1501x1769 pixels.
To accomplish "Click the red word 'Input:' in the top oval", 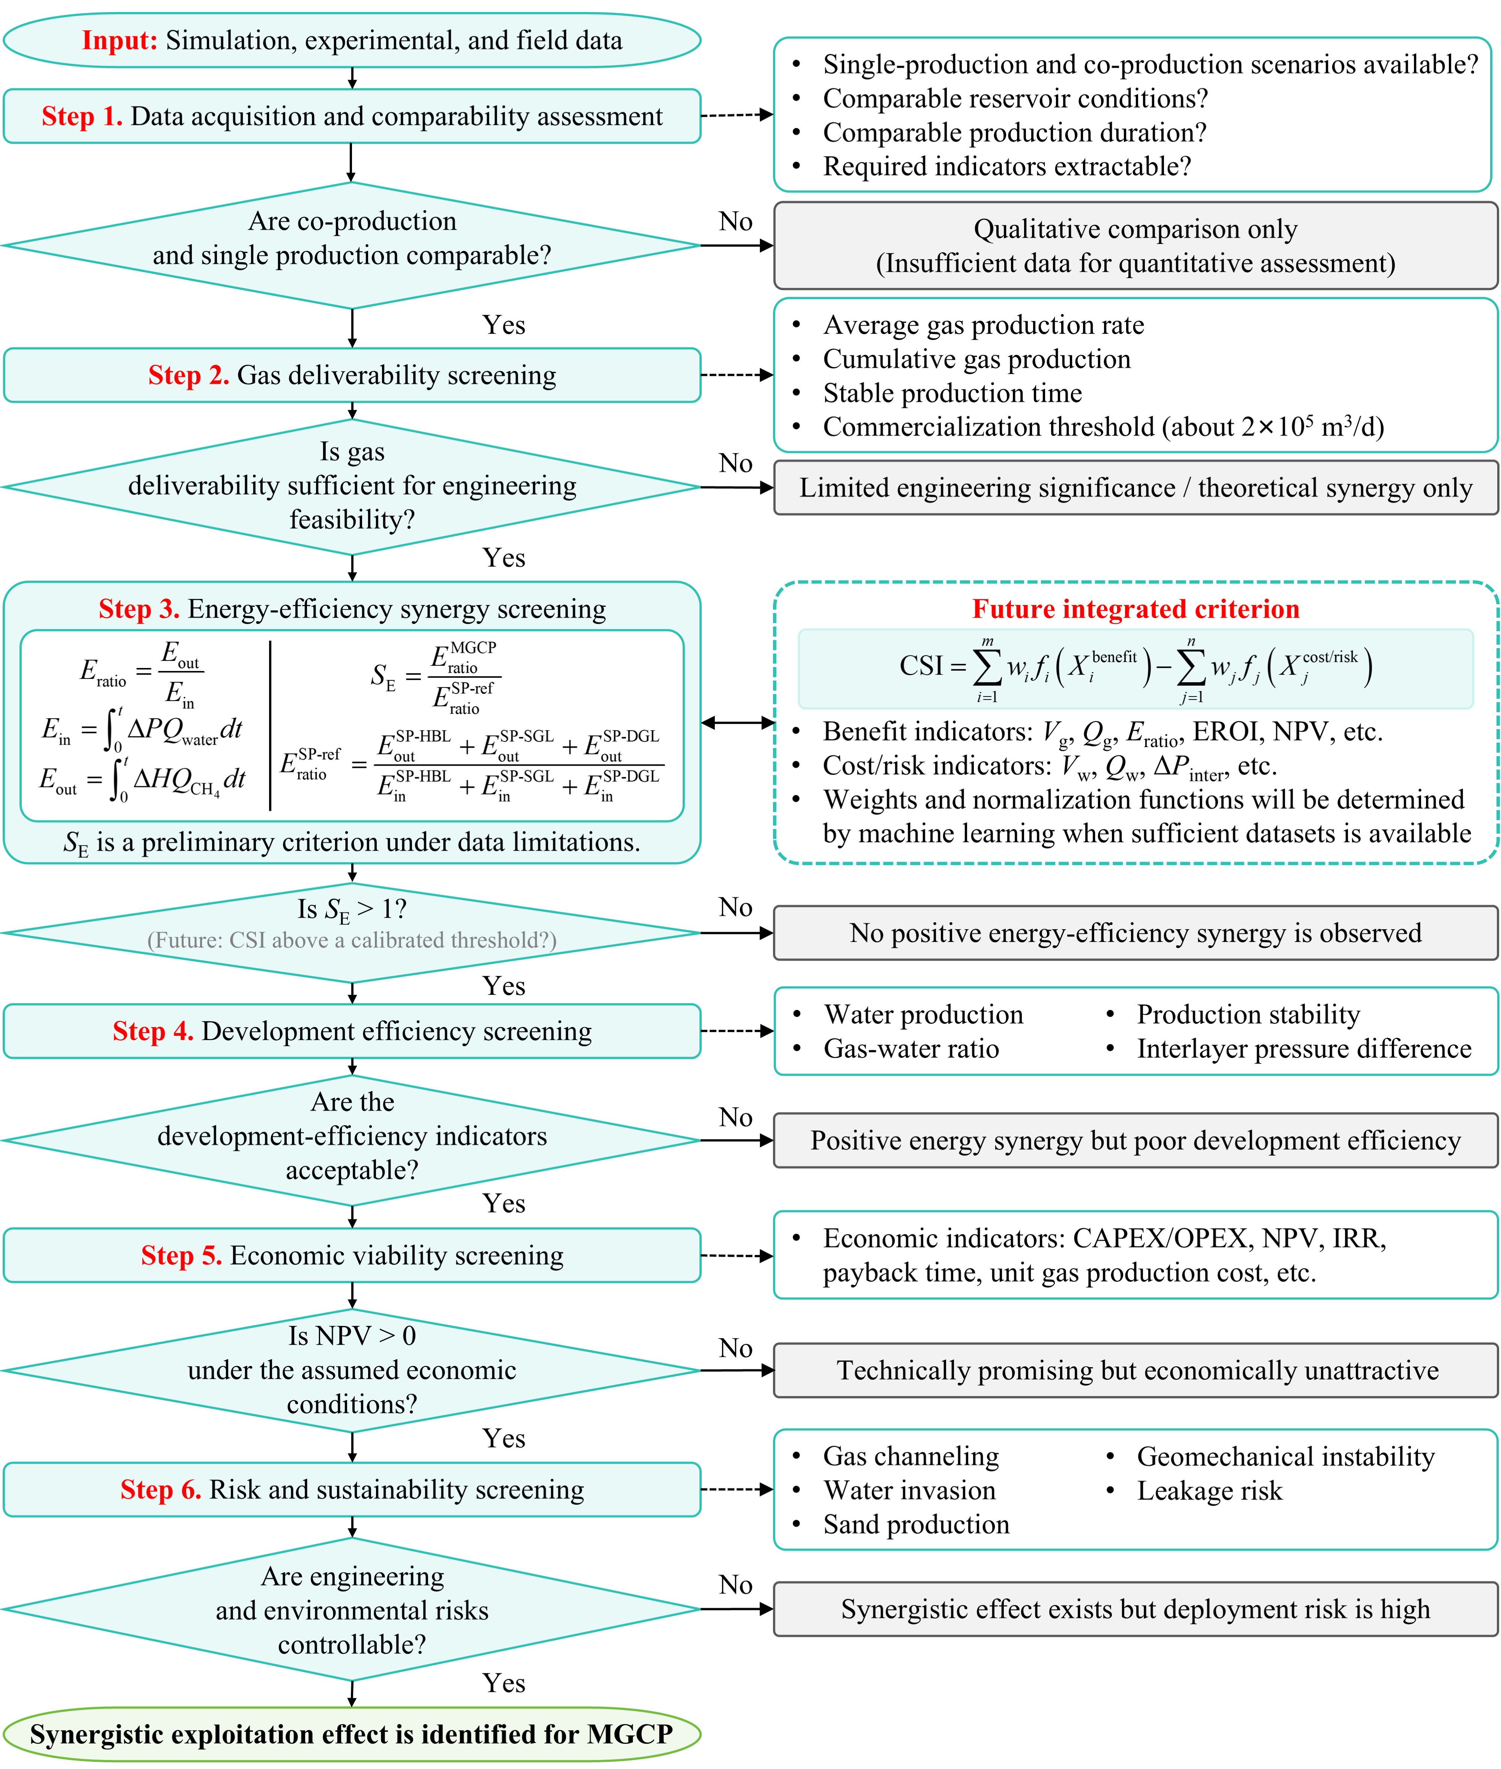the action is tap(119, 40).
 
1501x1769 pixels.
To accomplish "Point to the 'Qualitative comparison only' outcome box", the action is tap(1136, 246).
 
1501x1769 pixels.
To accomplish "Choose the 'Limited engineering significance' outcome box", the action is tap(1136, 487).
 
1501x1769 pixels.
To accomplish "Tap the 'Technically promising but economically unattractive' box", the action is tap(1136, 1370).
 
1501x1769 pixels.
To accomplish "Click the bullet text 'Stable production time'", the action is tap(952, 393).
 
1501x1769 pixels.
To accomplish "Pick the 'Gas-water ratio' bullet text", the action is tap(911, 1048).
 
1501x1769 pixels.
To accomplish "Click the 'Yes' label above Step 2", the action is tap(504, 325).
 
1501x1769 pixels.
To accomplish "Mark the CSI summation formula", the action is tap(1136, 668).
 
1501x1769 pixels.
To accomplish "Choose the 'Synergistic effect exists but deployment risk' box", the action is tap(1136, 1609).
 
